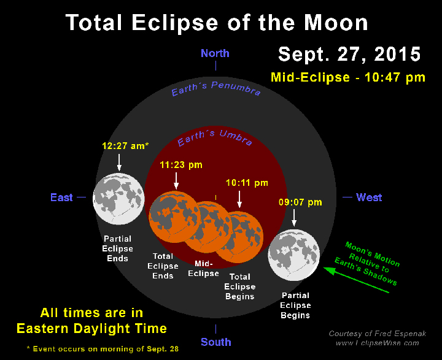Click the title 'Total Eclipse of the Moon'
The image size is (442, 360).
tap(217, 23)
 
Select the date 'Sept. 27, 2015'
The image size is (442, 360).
tap(349, 53)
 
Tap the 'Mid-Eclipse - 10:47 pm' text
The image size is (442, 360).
tap(348, 78)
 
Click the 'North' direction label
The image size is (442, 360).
tap(215, 53)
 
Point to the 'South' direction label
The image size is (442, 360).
tap(215, 342)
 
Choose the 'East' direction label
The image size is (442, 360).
tap(61, 197)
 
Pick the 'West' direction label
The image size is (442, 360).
tap(369, 197)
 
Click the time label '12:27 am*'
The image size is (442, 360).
tap(126, 146)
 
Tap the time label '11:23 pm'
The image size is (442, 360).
tap(181, 165)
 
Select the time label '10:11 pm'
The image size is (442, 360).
tap(247, 183)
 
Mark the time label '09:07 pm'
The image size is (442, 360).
tap(300, 202)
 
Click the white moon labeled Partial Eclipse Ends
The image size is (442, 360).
tap(118, 199)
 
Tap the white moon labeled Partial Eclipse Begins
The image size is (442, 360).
tap(294, 256)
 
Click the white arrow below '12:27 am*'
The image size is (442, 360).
tap(119, 162)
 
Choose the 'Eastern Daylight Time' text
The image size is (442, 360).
tap(91, 329)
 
